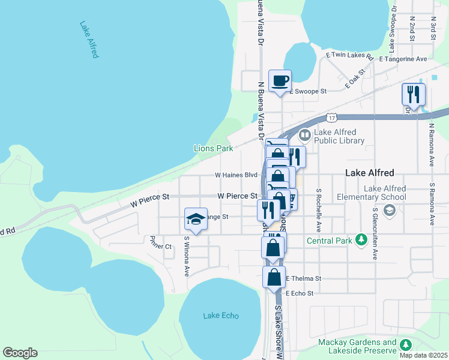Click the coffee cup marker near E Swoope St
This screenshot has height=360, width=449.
[280, 80]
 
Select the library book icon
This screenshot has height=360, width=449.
[304, 135]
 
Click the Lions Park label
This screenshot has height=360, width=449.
[213, 148]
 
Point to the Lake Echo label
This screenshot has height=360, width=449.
[221, 316]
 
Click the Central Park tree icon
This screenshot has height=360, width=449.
[361, 239]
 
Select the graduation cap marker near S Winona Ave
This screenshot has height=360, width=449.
[196, 220]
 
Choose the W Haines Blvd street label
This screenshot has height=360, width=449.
[236, 176]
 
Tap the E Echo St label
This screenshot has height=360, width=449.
[300, 293]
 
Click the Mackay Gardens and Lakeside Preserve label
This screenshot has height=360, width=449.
[357, 347]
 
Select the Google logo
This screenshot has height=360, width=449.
[20, 353]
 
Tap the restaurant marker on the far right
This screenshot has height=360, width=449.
[414, 94]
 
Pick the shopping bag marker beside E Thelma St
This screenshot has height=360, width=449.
[274, 278]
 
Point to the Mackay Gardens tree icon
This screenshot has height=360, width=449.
[406, 344]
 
